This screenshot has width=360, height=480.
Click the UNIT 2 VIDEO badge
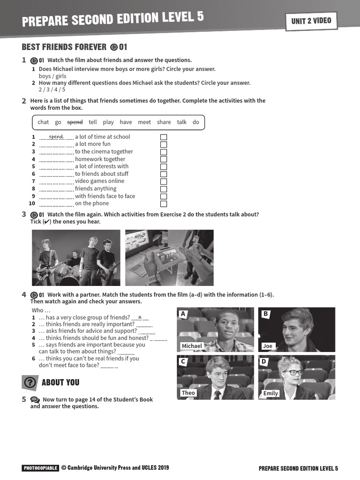coord(311,21)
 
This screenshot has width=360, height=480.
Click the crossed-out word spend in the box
coord(75,122)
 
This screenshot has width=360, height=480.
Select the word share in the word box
coord(164,122)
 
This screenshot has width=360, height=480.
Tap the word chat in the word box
coord(43,122)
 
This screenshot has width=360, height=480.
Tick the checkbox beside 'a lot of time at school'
coord(164,137)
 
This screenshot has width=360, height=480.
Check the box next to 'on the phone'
coord(164,204)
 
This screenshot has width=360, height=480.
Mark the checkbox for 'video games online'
coord(164,181)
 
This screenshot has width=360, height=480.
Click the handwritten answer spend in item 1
coord(56,136)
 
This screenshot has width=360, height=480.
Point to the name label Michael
coord(192,346)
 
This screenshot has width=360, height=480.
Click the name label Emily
coord(270,393)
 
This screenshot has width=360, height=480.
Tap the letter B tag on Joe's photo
coord(265,314)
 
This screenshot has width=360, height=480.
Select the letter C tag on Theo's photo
coord(183,361)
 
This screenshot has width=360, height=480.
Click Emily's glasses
coord(294,373)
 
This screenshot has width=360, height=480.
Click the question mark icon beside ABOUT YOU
coord(30,382)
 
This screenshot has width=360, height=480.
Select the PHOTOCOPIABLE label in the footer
coord(40,468)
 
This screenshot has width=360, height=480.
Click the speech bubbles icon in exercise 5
coord(35,400)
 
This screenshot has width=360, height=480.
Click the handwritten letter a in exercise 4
coord(140,317)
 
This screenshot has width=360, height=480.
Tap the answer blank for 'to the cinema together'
coord(56,152)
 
